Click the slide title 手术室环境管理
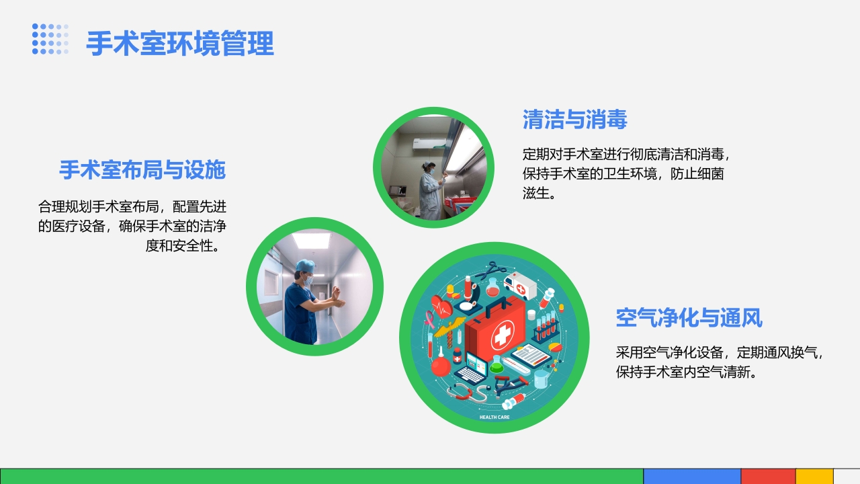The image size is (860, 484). tap(180, 44)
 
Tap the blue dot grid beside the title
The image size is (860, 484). tap(50, 39)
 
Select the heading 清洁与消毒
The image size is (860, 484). tap(574, 120)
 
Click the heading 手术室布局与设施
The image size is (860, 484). tap(142, 169)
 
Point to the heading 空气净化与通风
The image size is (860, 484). tap(689, 317)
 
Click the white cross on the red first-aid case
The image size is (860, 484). tap(502, 336)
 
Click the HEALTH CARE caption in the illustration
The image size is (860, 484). tap(494, 417)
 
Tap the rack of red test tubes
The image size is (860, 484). tap(546, 326)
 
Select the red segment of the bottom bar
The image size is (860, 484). tap(768, 476)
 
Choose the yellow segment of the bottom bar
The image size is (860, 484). tap(814, 476)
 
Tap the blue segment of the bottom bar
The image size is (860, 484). tap(692, 476)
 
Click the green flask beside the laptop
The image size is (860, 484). tap(497, 365)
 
